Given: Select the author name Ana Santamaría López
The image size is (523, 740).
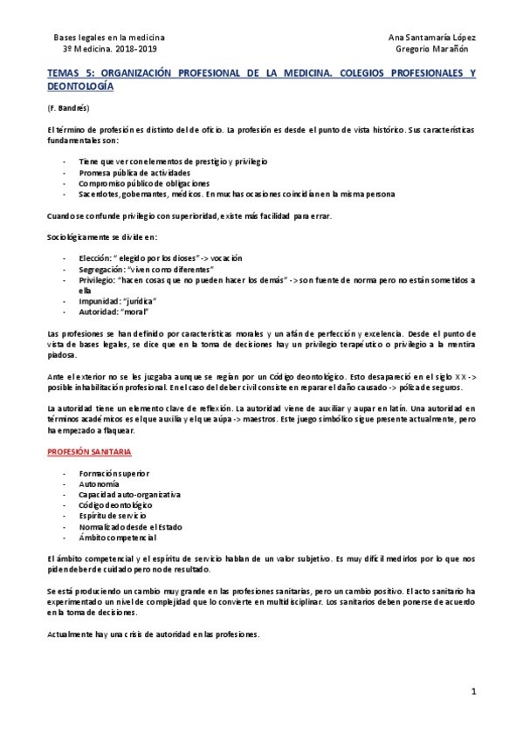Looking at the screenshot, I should (x=432, y=38).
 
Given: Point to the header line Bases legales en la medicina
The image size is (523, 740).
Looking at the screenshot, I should (x=109, y=38).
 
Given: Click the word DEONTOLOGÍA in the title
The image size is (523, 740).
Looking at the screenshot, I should (x=80, y=87).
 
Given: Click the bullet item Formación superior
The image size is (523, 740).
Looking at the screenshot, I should (x=115, y=473).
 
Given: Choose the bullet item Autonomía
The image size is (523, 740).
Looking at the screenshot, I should (x=99, y=483).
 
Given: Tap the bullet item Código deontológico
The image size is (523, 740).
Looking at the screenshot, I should (x=115, y=504).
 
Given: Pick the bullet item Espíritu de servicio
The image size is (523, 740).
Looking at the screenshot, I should (x=113, y=516).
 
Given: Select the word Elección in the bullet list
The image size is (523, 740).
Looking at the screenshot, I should (x=93, y=258).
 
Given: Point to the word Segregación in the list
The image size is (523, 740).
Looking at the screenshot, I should (x=98, y=270).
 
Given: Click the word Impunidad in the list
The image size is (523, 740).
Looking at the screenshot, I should (x=97, y=301).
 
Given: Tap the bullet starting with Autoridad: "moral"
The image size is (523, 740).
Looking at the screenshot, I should (x=114, y=312).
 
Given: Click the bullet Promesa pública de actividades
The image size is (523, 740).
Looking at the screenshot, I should (x=134, y=173).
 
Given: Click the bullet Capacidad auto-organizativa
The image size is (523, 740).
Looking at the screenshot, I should (x=129, y=494).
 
